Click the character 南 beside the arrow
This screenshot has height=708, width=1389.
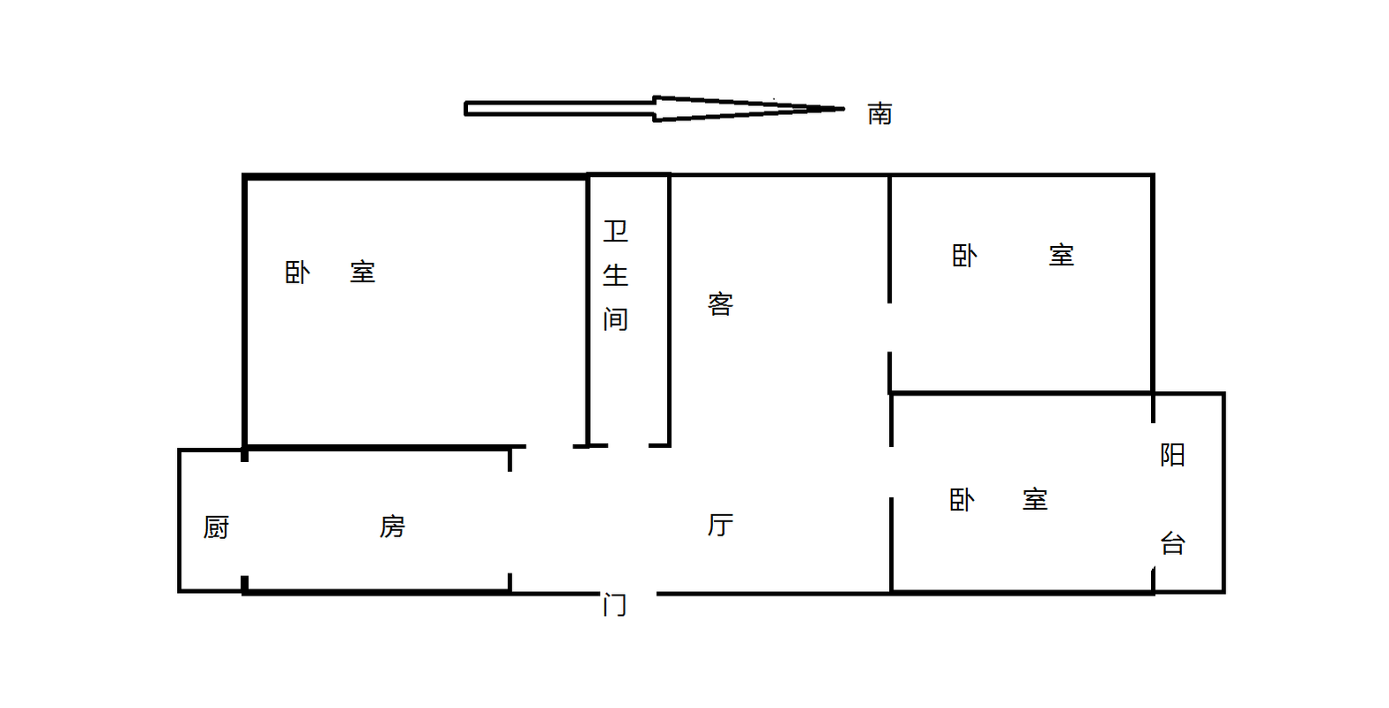(879, 114)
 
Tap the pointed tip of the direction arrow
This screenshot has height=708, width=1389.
(844, 109)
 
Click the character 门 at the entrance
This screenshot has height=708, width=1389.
(615, 604)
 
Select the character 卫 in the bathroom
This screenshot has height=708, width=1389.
(616, 232)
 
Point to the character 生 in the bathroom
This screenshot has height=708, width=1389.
(616, 275)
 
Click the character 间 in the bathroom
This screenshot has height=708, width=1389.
(616, 319)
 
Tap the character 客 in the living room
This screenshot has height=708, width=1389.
(720, 304)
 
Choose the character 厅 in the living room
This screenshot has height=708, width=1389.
(720, 525)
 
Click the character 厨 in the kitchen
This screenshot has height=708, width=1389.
(217, 527)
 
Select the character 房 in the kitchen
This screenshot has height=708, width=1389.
(393, 527)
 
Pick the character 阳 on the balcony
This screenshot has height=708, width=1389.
(1172, 455)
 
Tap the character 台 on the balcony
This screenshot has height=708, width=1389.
(1172, 543)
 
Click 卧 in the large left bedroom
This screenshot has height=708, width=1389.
(297, 273)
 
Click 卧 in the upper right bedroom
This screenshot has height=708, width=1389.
(964, 256)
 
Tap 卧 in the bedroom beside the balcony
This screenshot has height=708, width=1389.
(962, 500)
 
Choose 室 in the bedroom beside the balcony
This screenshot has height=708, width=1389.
(1035, 500)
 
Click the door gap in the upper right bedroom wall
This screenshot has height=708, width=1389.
(890, 327)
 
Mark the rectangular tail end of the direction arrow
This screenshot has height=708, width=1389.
(466, 109)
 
